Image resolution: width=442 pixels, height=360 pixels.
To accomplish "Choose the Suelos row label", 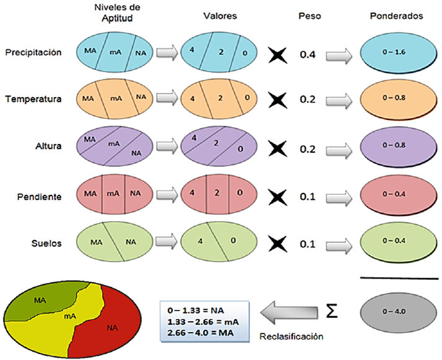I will pyautogui.click(x=47, y=243).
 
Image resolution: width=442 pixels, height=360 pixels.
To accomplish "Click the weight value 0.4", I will pyautogui.click(x=308, y=56).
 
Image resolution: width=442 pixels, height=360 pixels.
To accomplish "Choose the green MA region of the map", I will pyautogui.click(x=41, y=301).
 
